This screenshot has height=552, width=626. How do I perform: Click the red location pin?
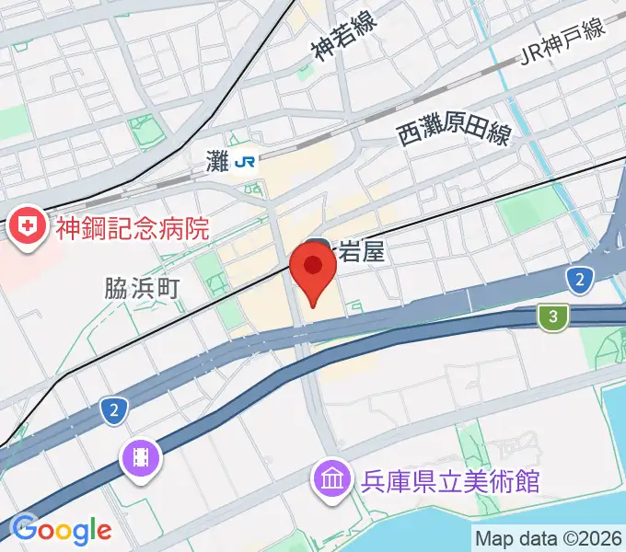coord(312,269)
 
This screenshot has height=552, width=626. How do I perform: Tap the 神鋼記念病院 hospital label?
coord(133,227)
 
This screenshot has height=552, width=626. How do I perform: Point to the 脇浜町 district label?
coord(140,287)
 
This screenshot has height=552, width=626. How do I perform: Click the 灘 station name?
coord(218,163)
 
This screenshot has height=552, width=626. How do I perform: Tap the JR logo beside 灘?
coord(245,163)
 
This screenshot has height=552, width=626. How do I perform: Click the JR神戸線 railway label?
coord(562,42)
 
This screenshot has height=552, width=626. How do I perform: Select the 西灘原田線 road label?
coord(454,136)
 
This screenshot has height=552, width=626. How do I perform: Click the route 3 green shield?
coord(551,317)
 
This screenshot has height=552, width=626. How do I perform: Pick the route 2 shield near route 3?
coord(578,281)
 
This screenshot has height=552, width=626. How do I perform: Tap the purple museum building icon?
coord(330,478)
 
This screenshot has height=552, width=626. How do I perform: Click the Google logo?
coord(62,531)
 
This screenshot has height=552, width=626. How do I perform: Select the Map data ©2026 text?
coord(549,537)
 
